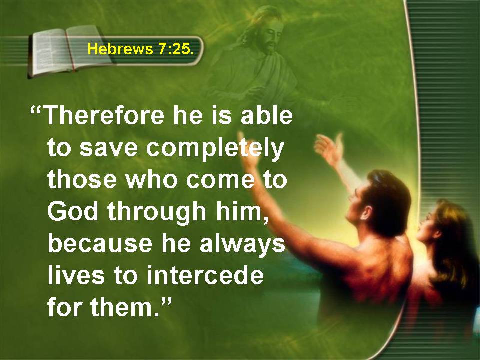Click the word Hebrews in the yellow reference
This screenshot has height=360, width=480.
pyautogui.click(x=120, y=49)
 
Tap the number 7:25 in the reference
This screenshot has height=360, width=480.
pyautogui.click(x=175, y=49)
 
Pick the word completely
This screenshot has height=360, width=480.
pyautogui.click(x=215, y=149)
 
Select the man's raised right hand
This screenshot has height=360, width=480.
pyautogui.click(x=329, y=147)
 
